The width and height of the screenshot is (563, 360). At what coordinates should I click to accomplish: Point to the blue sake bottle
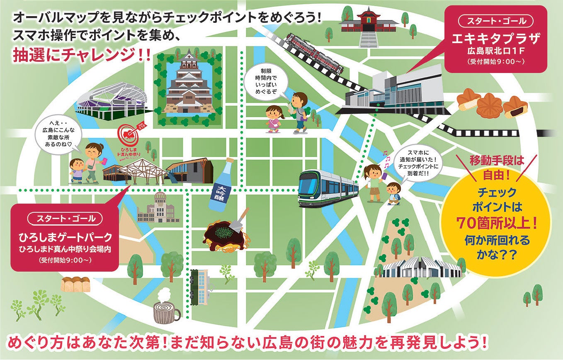coord(222,184)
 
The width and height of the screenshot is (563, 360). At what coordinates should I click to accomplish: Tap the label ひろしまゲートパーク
coord(66,238)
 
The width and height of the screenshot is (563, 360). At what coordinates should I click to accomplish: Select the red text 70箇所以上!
coord(497,224)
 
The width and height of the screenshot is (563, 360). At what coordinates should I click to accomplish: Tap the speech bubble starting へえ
coord(57,136)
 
